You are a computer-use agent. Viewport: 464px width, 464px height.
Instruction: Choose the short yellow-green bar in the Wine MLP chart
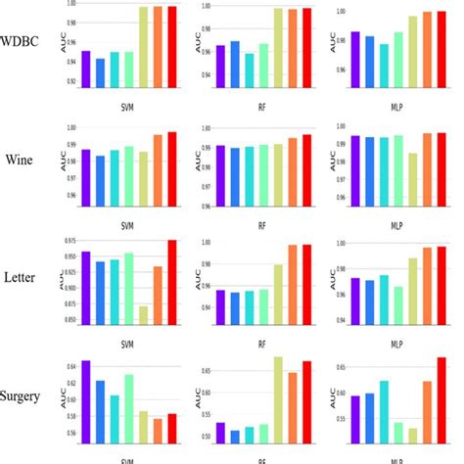412,178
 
